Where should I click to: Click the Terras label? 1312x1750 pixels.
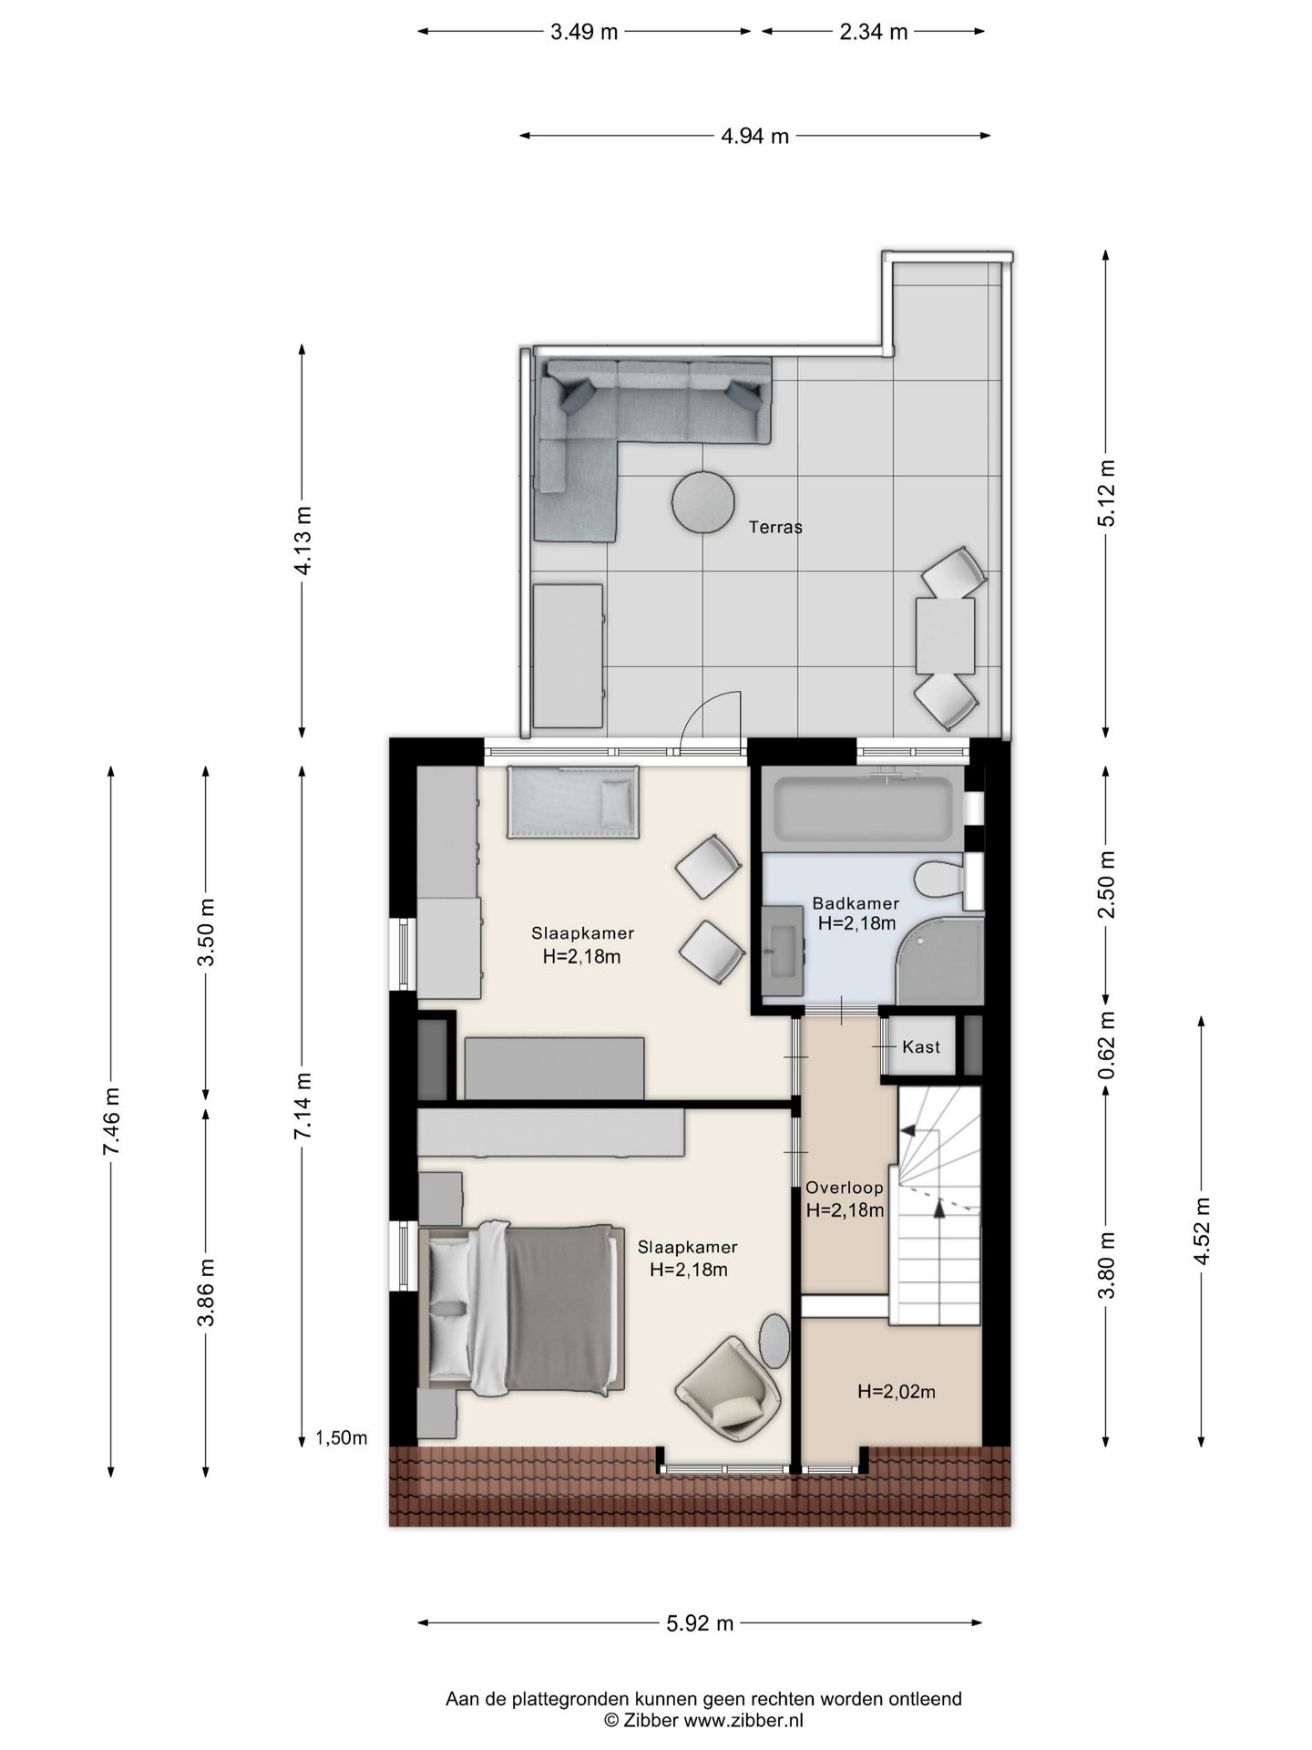point(775,527)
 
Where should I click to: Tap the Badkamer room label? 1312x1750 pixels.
point(856,903)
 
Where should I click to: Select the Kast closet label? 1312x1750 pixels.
point(920,1046)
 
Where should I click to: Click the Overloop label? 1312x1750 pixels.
point(845,1188)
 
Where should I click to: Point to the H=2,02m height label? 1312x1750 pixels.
point(897,1392)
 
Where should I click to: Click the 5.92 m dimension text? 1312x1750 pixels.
point(700,1623)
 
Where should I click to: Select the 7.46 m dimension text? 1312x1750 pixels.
point(111,1121)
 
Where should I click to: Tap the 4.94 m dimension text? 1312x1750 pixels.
point(754,137)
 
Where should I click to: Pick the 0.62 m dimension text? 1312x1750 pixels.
point(1106,1045)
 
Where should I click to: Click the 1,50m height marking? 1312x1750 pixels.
point(342,1438)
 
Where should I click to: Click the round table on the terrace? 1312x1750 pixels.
point(703,500)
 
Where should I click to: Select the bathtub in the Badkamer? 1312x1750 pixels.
point(863,806)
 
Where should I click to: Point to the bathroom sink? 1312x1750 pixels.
point(783,951)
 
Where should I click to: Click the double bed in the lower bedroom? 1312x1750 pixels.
point(522,1310)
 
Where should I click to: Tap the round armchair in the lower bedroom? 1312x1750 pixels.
point(729,1387)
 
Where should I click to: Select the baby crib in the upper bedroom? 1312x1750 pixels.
point(573,802)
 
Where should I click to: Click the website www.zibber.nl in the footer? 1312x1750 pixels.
point(743,1720)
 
